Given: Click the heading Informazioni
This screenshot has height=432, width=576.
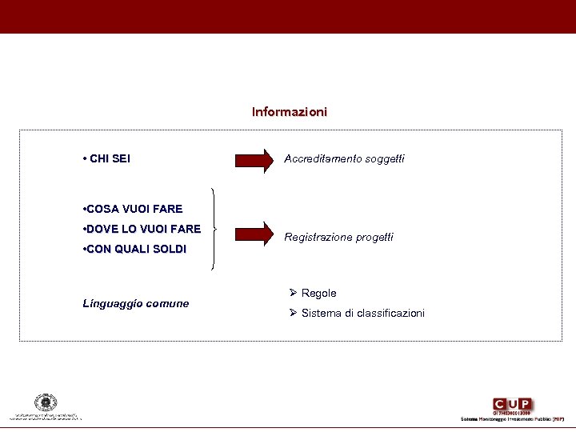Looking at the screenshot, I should coord(289,112).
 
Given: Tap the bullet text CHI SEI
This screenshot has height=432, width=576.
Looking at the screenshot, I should coord(106,158).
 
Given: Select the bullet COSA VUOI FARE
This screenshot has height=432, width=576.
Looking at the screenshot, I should coord(133,209).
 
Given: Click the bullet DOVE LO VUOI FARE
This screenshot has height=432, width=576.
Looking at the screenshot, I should coord(142,229).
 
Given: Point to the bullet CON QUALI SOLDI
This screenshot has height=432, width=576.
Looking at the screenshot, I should coord(134,249).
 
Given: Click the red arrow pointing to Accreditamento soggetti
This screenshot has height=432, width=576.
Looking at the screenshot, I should coord(254,159).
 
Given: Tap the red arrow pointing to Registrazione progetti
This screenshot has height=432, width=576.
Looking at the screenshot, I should coord(254,234).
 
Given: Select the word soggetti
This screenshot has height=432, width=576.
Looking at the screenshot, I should coord(385,159).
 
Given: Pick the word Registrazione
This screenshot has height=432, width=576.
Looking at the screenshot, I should coord(318,237).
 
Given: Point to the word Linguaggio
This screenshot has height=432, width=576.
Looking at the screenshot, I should coord(111,303).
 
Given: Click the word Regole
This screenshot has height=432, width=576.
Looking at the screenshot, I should coord(319,294).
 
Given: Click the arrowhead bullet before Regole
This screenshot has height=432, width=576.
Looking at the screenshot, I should coord(294,293).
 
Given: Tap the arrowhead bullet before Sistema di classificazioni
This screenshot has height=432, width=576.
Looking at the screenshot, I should coord(294,312).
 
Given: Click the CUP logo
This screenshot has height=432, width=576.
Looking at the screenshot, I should coord(513,405).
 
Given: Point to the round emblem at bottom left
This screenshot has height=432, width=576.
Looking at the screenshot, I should coord(46,402).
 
